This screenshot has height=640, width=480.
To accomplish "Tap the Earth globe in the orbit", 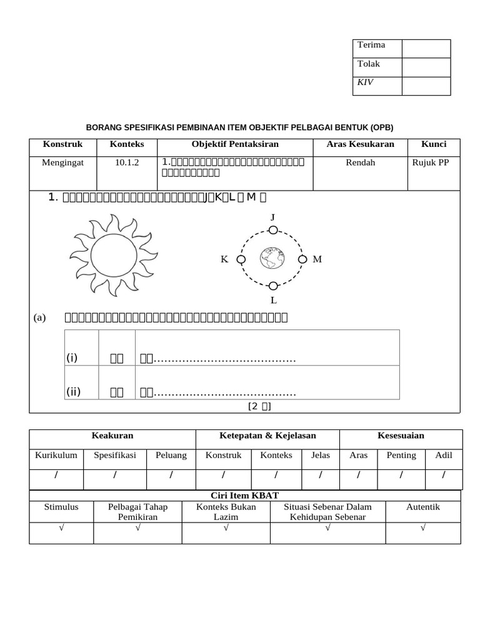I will point(272,258).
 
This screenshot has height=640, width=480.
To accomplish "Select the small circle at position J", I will point(273,230).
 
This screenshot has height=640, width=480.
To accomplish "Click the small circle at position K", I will point(241,259).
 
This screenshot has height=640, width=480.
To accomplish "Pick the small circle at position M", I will point(302,259).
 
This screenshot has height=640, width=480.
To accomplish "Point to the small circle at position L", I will point(273,286).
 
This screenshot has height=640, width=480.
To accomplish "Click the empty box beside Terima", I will point(426,49).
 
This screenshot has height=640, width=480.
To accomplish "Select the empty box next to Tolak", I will point(426,67).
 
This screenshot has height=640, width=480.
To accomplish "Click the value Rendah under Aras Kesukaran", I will point(360,162).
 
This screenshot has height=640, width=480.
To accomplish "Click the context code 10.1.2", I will point(127,162).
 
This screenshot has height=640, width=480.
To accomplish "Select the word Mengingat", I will point(62,162).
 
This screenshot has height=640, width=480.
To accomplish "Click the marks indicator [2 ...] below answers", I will point(259,407).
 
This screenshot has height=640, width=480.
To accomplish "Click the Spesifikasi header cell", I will point(114,455).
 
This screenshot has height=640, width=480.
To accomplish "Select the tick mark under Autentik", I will point(423,528).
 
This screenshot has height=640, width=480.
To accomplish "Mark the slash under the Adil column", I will point(444,476).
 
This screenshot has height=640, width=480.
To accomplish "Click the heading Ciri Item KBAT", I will point(245,496).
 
